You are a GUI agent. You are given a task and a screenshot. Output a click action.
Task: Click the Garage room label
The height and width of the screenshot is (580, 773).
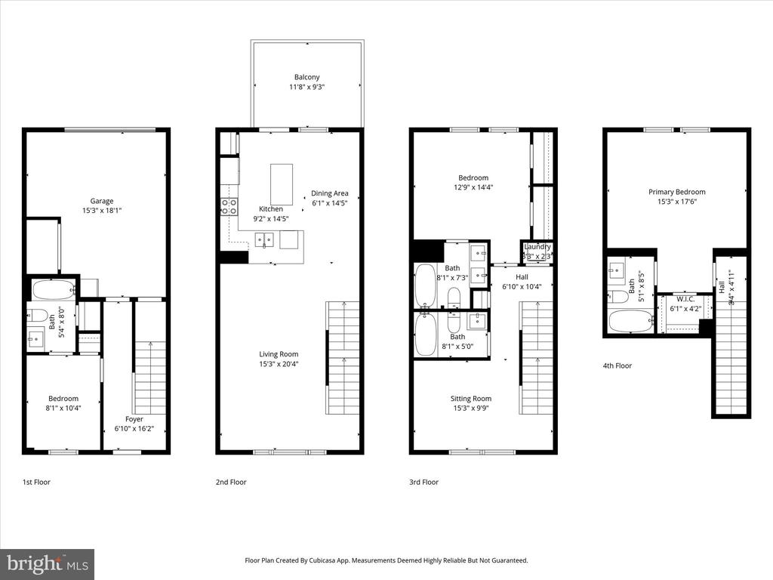pos(102,201)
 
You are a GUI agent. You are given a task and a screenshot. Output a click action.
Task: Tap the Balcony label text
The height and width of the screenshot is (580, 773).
pos(306,77)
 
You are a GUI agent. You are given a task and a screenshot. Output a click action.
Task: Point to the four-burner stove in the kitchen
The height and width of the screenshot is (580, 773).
pos(229,206)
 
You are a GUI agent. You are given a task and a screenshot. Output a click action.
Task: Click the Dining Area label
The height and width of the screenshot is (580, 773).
pos(330,193)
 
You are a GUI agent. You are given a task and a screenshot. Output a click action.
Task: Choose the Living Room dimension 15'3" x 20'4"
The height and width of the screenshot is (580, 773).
pos(279,364)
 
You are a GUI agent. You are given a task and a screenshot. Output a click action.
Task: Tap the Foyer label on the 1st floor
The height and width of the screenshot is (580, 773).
pos(134,419)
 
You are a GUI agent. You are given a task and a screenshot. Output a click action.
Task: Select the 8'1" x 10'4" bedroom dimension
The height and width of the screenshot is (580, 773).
pos(63,408)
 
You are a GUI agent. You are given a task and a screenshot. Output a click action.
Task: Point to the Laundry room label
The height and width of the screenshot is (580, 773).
pos(537,247)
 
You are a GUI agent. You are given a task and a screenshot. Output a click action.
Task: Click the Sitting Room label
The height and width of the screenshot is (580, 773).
pos(471,399)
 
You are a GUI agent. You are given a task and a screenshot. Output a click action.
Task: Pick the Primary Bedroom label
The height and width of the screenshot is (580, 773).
pos(676,192)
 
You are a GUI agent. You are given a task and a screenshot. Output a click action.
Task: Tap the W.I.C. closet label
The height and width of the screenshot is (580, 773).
pos(685,298)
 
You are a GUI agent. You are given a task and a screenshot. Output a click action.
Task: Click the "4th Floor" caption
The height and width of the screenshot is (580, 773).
pos(617,366)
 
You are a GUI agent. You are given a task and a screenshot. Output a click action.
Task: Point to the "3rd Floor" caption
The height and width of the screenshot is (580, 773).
pos(423,482)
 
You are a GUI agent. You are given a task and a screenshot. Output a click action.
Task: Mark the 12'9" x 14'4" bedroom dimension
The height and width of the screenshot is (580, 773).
pos(471,187)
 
